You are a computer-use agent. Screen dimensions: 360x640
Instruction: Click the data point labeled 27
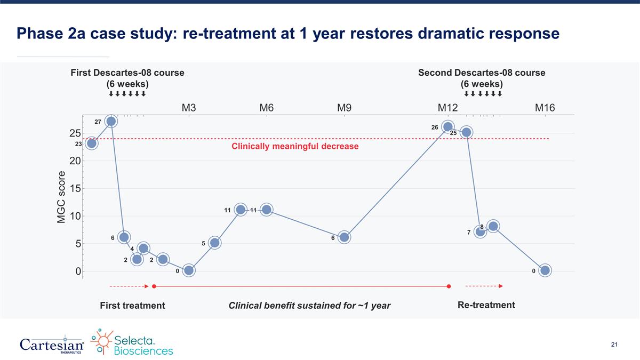[111, 121]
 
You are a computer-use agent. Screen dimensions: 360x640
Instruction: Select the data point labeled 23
[92, 143]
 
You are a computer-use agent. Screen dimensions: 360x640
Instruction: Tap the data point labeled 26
[448, 127]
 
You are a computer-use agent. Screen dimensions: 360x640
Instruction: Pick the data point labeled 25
[466, 132]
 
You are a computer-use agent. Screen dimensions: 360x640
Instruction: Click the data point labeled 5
[214, 243]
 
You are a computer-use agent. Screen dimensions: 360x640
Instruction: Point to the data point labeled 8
[493, 226]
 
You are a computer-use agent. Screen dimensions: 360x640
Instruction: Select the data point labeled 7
[480, 231]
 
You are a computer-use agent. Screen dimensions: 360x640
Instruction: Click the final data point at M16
[545, 270]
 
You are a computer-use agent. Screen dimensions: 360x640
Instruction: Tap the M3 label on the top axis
[189, 108]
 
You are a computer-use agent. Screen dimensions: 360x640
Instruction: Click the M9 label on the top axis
[344, 108]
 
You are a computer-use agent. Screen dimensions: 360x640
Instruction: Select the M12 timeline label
[448, 108]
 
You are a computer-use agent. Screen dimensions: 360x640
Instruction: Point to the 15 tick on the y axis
[74, 188]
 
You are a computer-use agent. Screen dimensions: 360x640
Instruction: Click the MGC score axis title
[61, 197]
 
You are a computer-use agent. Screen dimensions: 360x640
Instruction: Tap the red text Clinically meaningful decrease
[295, 146]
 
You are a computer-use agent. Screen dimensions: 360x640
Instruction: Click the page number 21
[614, 346]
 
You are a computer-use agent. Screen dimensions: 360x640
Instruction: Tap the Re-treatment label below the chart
[486, 305]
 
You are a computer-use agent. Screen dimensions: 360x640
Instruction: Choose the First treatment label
[132, 306]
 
